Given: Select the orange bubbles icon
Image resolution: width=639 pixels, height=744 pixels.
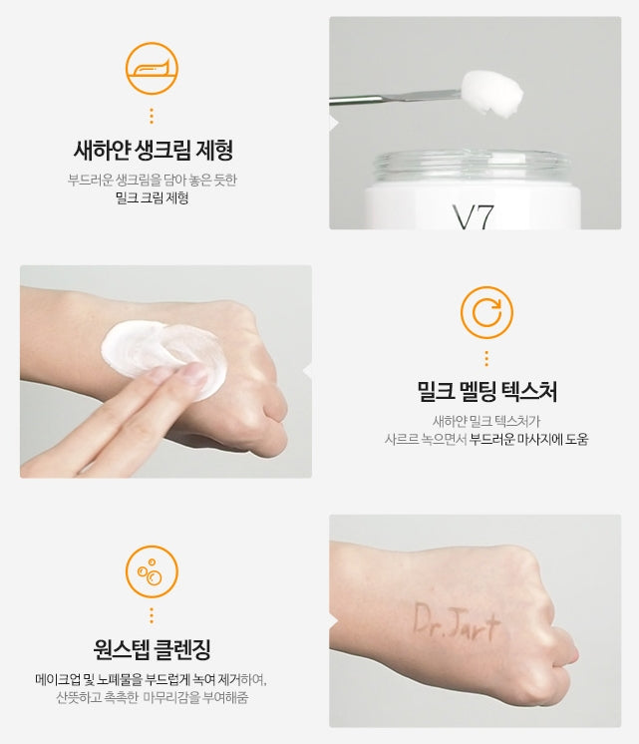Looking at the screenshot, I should [152, 570].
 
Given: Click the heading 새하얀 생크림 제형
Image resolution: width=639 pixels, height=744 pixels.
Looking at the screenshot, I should [154, 152].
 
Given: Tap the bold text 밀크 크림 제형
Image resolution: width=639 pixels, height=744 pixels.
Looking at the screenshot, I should [153, 197].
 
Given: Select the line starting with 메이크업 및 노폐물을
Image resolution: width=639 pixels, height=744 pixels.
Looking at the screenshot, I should [152, 680].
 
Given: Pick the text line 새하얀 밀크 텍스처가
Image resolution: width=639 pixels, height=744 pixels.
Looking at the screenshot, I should [486, 420].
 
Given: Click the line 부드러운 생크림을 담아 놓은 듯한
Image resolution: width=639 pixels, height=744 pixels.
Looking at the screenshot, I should [153, 180].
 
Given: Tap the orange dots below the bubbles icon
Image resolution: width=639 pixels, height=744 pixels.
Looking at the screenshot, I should [152, 614].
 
